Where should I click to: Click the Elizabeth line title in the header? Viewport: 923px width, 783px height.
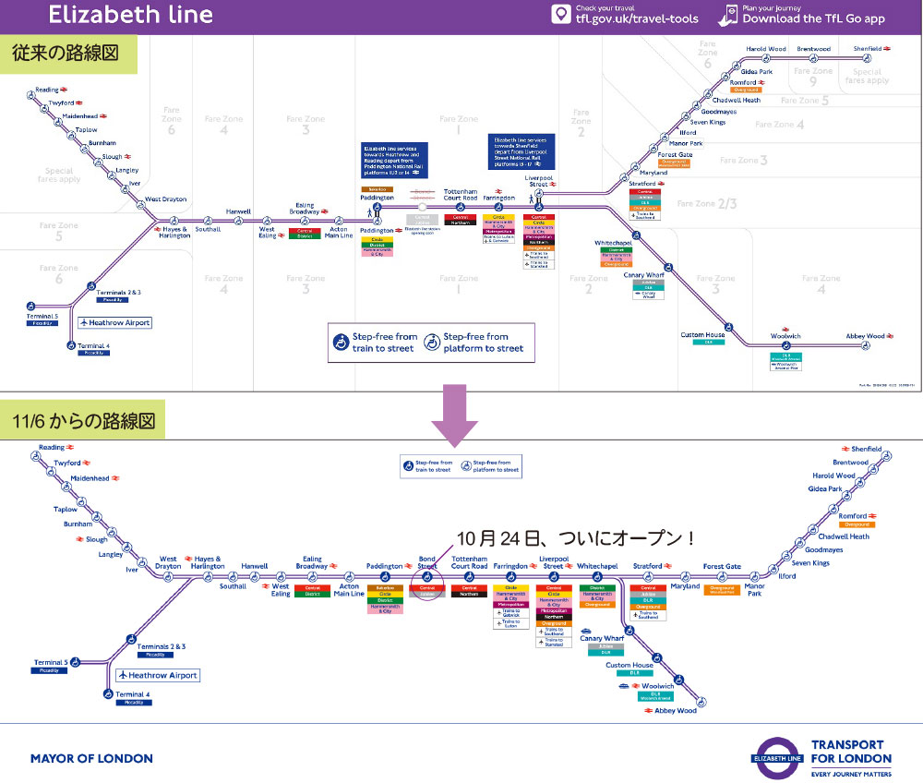pos(130,15)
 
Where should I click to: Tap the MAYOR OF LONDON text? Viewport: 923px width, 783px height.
pos(91,758)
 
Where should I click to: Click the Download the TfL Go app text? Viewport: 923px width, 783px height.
pos(813,18)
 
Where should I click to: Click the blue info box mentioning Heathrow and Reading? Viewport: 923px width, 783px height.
pos(391,160)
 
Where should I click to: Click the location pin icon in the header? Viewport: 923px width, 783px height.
pos(559,14)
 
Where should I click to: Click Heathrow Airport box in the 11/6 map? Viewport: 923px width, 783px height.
pos(158,675)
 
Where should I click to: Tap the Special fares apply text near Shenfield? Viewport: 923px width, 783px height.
pos(867,76)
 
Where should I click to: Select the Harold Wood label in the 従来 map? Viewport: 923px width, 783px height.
pos(765,49)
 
